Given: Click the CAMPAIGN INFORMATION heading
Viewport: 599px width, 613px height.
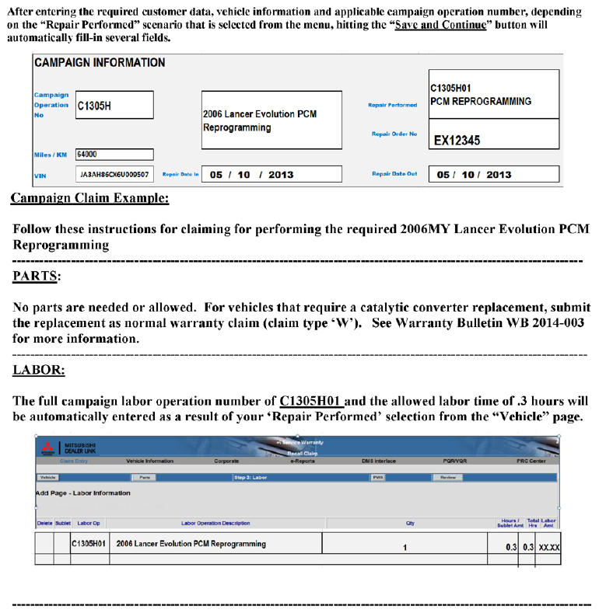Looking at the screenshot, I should click(100, 63).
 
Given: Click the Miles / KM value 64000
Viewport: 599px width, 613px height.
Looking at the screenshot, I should click(114, 155).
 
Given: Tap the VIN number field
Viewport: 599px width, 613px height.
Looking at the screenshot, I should click(114, 174).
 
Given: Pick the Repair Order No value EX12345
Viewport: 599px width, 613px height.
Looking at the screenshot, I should click(493, 141).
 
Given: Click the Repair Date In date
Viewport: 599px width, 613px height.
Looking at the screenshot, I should click(251, 175).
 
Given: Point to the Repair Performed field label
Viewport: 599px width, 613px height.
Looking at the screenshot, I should click(392, 105).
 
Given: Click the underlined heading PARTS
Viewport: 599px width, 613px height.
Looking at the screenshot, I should click(37, 276).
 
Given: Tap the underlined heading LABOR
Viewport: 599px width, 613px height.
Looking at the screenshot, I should click(38, 370).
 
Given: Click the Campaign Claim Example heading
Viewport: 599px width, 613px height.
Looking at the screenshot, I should click(89, 199).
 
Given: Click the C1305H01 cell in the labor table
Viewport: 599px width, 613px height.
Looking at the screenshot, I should click(89, 545).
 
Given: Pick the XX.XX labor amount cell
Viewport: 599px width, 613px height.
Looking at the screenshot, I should click(549, 547).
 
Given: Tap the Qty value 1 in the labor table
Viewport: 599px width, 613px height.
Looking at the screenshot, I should click(405, 547).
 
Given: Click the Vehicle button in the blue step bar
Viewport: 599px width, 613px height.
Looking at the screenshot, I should click(47, 477).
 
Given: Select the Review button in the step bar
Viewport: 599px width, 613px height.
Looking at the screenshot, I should click(448, 477).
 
